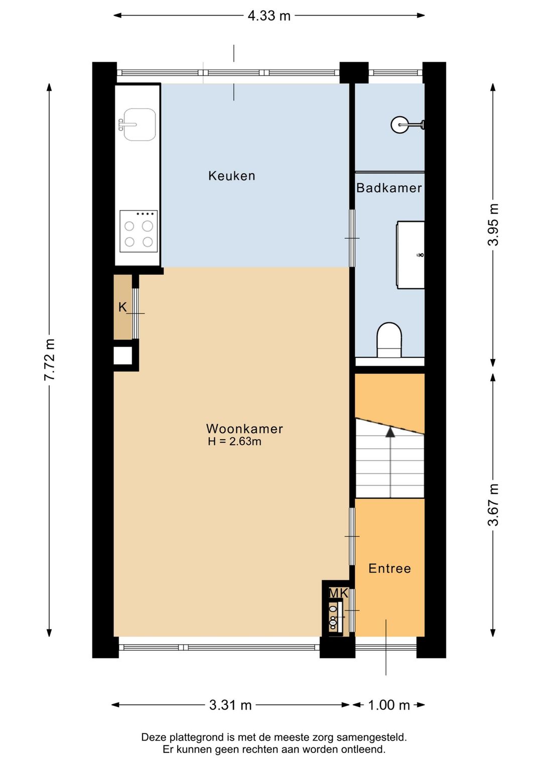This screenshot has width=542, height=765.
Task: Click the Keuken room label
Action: (231, 176)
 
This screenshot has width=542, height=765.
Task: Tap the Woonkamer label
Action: (244, 429)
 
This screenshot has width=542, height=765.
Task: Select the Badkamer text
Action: (389, 188)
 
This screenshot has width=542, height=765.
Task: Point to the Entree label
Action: (389, 568)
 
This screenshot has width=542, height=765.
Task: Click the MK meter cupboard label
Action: (338, 593)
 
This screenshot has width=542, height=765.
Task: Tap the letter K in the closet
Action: (122, 307)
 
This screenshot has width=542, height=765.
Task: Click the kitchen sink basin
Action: (140, 125)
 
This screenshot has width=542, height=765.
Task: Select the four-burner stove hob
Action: (139, 231)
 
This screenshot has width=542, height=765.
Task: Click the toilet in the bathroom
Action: (389, 340)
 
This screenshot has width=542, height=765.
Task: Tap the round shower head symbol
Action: (399, 125)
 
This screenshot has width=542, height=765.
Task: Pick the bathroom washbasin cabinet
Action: (411, 255)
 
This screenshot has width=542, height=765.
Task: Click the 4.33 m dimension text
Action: (269, 16)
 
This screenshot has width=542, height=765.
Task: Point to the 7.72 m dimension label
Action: (50, 359)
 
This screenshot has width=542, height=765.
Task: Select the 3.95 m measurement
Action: (493, 225)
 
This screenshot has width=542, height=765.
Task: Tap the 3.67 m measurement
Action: (493, 505)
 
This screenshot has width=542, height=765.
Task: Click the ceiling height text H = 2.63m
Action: (234, 442)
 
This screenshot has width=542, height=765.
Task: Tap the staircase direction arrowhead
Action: (390, 432)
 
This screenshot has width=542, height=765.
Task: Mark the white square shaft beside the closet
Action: (123, 355)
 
